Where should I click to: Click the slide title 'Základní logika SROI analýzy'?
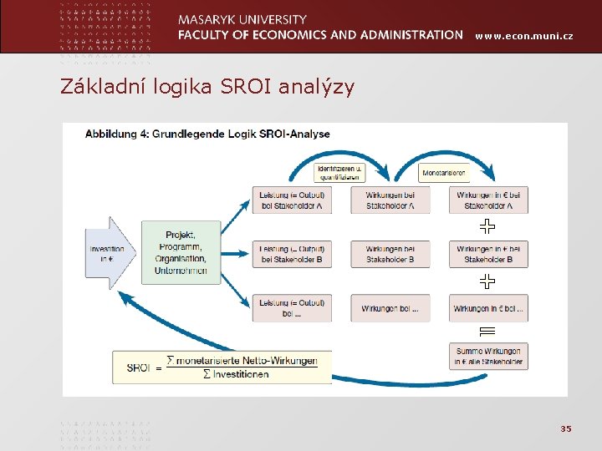point(207,86)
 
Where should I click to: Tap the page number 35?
point(565,428)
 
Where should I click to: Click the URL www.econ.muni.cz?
point(524,35)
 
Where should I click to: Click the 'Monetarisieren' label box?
point(444,173)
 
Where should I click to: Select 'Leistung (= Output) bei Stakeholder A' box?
point(292,200)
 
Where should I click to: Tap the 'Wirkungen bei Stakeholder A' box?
point(390,200)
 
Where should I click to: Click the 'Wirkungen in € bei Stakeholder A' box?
point(488,200)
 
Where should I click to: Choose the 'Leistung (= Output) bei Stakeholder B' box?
point(292,254)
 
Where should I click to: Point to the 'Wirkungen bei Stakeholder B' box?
point(390,254)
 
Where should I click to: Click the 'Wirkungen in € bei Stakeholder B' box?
point(488,254)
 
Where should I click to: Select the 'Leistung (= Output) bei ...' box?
point(292,308)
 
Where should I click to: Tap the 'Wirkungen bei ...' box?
point(390,308)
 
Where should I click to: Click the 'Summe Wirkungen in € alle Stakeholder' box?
point(488,357)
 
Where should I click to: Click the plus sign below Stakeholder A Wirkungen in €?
point(488,226)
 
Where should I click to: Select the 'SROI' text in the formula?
point(139,367)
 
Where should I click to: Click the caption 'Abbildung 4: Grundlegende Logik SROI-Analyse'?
point(207,134)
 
